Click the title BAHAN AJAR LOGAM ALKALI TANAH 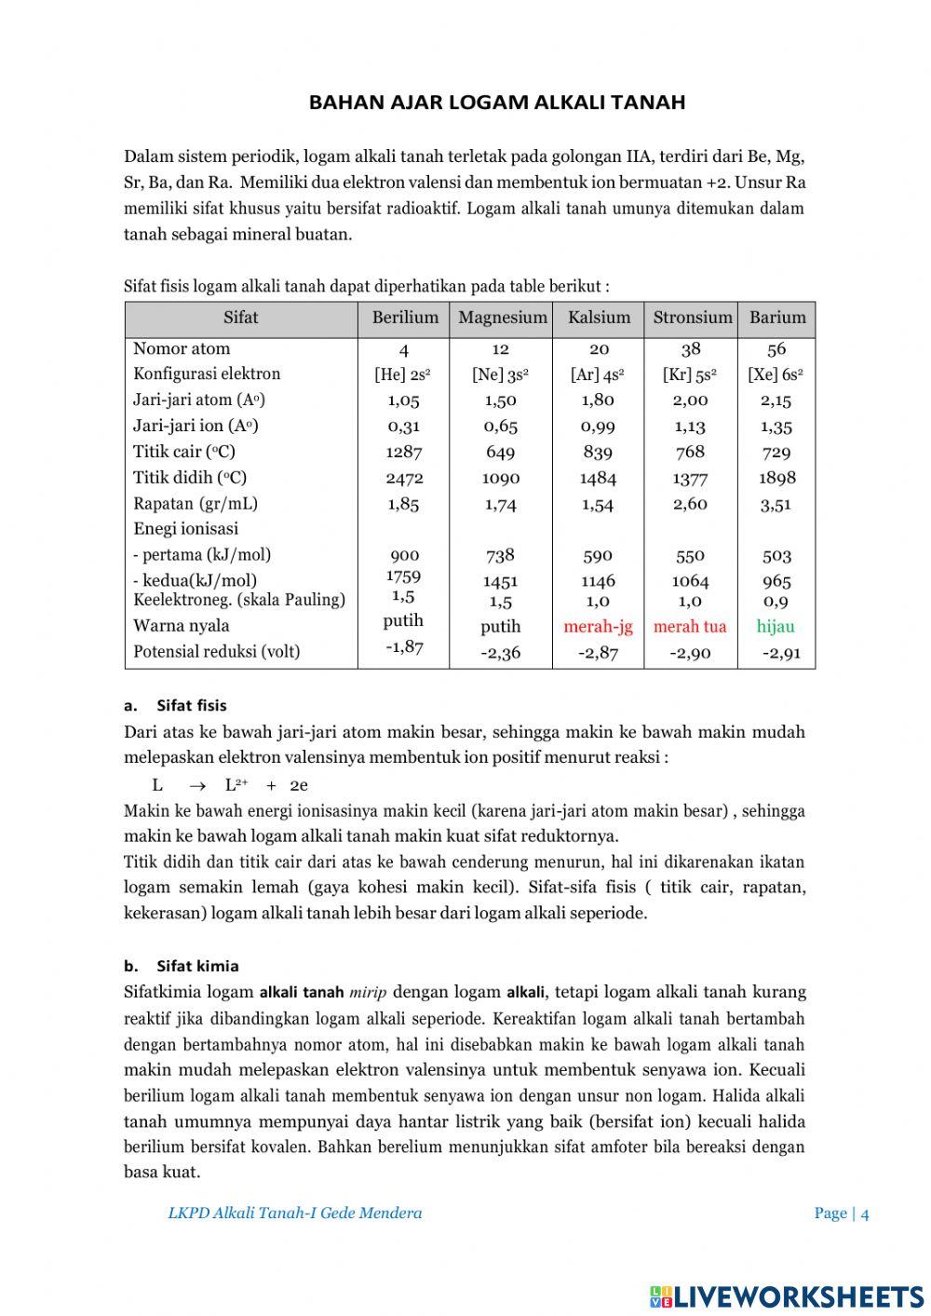point(497,102)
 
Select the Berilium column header point(405,318)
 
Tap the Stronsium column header point(693,318)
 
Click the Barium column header point(777,318)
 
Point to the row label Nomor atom point(182,348)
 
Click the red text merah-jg point(598,626)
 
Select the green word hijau point(776,626)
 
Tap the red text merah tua point(690,626)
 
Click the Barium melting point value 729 point(776,452)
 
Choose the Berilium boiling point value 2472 point(404,478)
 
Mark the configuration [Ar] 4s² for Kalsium point(597,374)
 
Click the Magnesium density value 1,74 point(500,504)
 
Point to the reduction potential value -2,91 point(780,652)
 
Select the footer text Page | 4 point(841,1213)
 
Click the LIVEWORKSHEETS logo point(787,1296)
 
